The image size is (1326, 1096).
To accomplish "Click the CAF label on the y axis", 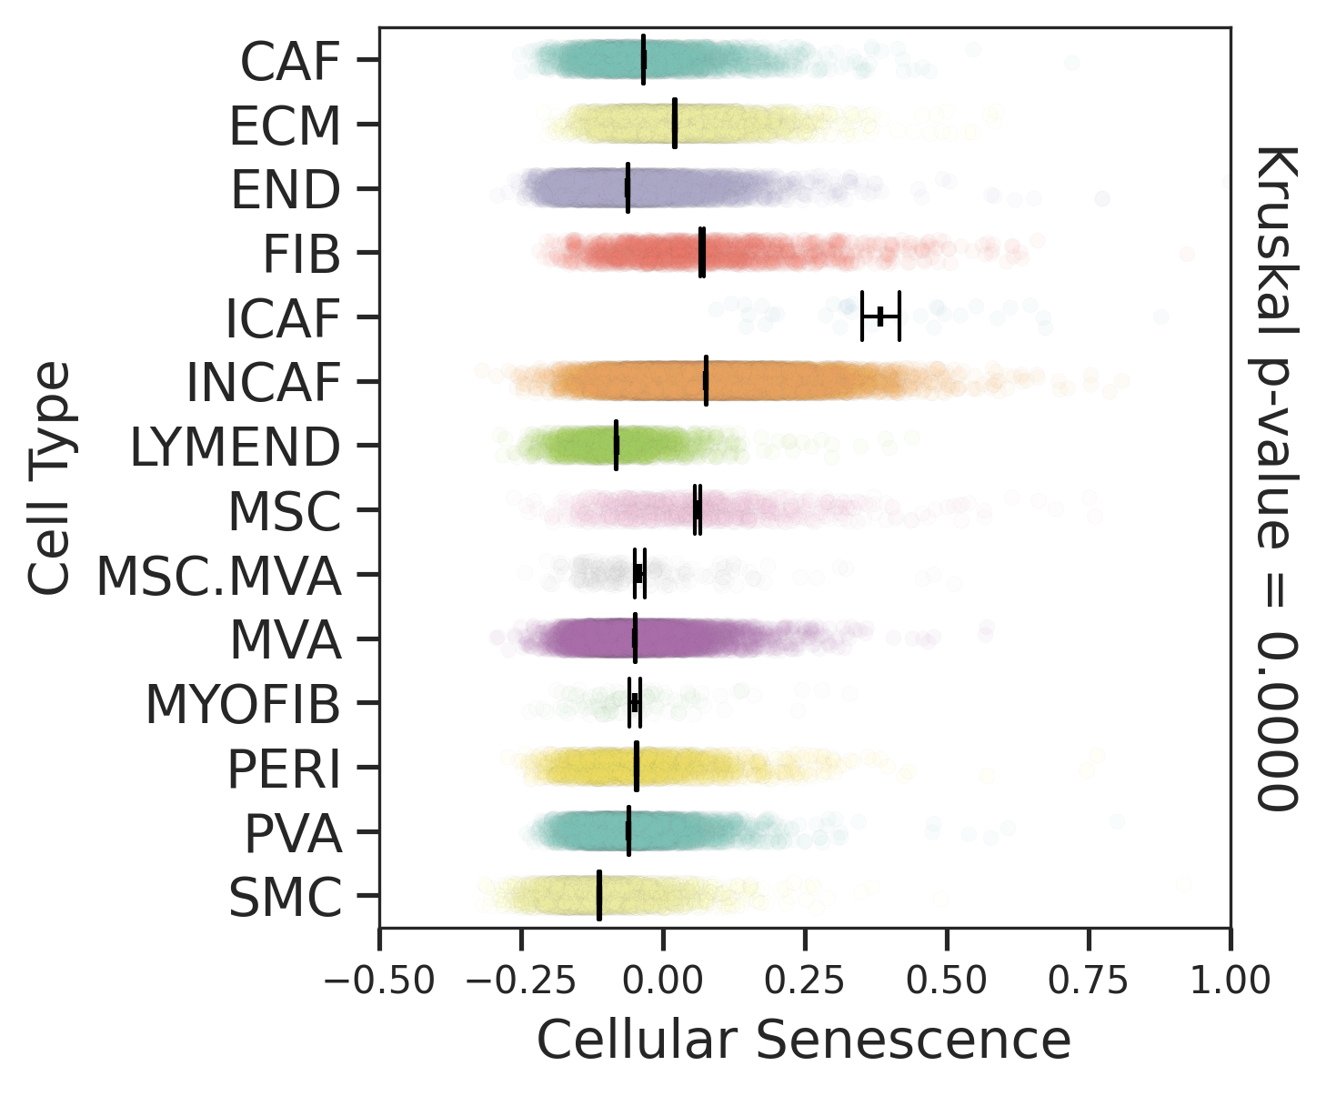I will click(x=290, y=62).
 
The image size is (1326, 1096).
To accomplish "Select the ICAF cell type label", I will click(x=282, y=318).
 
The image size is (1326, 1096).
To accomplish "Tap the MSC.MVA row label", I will click(x=219, y=577).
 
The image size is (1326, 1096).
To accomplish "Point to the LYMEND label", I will click(x=236, y=447).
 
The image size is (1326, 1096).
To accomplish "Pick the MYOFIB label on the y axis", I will click(x=243, y=705).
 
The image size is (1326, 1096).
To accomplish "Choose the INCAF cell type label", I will click(x=263, y=383).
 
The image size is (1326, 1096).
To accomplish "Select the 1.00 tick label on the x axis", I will click(x=1231, y=980).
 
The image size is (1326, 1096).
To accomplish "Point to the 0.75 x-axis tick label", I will click(x=1089, y=980).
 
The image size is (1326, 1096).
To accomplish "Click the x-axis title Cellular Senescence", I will click(x=804, y=1040).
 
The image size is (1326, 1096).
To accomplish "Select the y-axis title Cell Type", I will click(x=49, y=478).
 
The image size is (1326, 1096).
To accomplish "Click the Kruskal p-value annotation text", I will click(x=1276, y=477).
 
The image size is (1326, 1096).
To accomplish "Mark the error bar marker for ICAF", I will click(x=880, y=317).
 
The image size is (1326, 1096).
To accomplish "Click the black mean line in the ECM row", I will click(x=675, y=124).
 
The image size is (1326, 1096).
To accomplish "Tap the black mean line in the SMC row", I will click(x=598, y=895).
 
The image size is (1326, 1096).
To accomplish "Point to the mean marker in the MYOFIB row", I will click(x=634, y=703).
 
